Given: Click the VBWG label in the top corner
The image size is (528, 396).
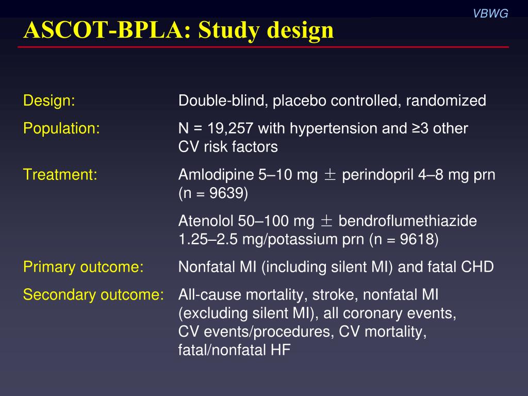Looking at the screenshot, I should pyautogui.click(x=490, y=14).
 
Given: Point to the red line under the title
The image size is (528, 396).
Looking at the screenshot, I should pyautogui.click(x=263, y=47).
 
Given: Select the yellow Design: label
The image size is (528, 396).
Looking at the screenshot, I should pyautogui.click(x=49, y=101).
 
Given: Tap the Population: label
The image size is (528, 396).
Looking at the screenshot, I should pyautogui.click(x=61, y=128).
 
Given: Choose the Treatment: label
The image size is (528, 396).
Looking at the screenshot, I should pyautogui.click(x=60, y=175).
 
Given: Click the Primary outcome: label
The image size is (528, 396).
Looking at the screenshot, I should pyautogui.click(x=83, y=267).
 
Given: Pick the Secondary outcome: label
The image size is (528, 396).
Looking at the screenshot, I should pyautogui.click(x=93, y=295).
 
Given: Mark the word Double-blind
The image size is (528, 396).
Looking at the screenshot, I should pyautogui.click(x=222, y=101).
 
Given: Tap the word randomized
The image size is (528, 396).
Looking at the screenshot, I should pyautogui.click(x=445, y=101).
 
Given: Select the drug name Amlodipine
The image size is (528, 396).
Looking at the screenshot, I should pyautogui.click(x=217, y=175).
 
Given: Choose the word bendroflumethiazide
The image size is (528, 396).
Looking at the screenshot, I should pyautogui.click(x=407, y=221).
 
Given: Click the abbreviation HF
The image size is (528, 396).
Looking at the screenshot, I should pyautogui.click(x=280, y=351).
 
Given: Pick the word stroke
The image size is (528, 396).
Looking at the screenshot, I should pyautogui.click(x=340, y=295).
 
